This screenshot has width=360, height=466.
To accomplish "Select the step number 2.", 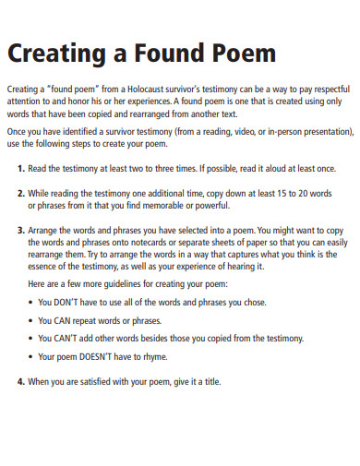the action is click(21, 195).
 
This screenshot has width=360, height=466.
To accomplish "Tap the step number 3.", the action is click(21, 228).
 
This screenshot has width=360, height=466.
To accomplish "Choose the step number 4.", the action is click(21, 382).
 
